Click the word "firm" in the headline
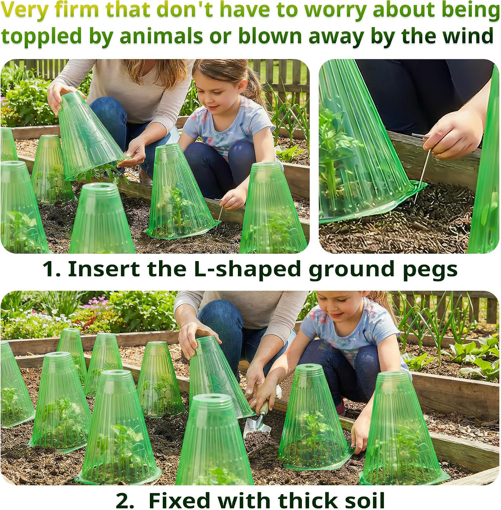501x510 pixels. pos(76,10)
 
